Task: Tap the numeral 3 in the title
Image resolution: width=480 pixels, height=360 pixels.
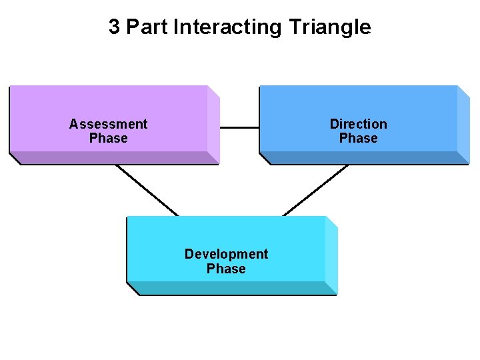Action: point(115,27)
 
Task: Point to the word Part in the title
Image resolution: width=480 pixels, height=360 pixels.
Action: point(147,27)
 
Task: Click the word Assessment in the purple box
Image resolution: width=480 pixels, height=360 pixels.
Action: point(108,124)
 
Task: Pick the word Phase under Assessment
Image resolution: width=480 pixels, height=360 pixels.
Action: point(108,139)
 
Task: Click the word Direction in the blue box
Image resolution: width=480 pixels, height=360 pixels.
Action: point(358,124)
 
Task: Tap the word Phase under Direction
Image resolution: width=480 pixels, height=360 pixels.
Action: point(358,139)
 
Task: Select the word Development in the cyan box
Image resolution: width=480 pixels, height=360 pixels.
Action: point(226,254)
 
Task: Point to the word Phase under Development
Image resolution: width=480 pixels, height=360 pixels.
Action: point(226,269)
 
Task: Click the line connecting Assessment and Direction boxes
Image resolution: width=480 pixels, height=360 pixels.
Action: point(239,127)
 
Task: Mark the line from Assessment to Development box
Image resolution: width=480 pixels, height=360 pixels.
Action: point(147,190)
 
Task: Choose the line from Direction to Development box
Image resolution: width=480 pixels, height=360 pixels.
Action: point(315,190)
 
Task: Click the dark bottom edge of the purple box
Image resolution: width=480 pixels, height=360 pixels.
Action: point(113,158)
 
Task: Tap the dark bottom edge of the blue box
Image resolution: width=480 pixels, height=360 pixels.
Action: point(364,158)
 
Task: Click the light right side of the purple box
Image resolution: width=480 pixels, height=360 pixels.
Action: point(213,124)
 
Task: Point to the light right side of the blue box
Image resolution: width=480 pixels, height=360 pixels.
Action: point(463,124)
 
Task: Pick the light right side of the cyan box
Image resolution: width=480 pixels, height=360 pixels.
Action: point(331,255)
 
